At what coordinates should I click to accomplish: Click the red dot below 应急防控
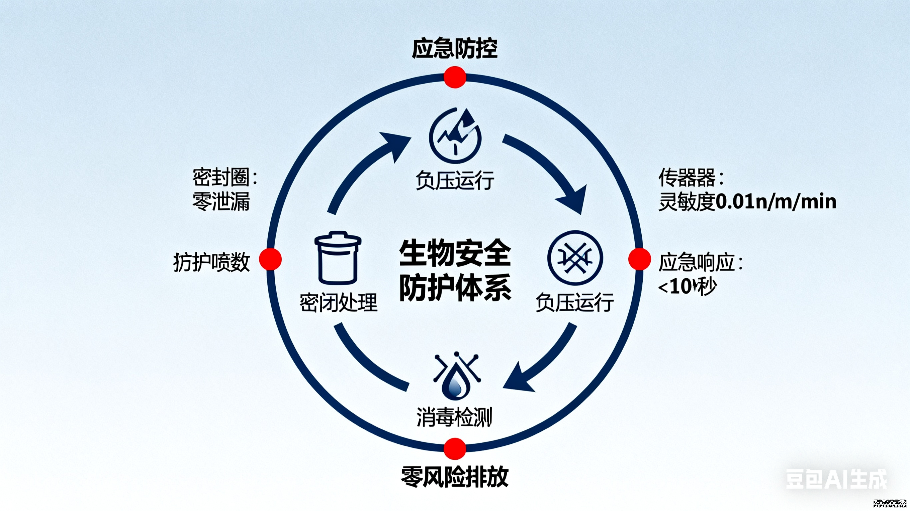(x=455, y=77)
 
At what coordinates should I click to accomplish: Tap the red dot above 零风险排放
(x=455, y=448)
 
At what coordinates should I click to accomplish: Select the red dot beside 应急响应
(x=639, y=259)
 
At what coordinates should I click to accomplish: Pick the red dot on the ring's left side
(x=270, y=259)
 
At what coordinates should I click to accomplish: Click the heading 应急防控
(x=455, y=48)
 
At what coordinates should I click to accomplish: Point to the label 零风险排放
(x=455, y=477)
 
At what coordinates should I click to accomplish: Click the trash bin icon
(x=338, y=258)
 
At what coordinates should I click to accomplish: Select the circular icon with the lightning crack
(x=455, y=136)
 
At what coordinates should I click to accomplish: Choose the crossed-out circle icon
(x=575, y=258)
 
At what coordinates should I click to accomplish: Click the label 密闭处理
(x=338, y=302)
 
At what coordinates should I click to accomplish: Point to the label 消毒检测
(x=455, y=417)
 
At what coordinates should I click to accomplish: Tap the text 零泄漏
(x=221, y=201)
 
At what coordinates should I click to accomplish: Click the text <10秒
(x=687, y=287)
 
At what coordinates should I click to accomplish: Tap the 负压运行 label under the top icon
(x=455, y=180)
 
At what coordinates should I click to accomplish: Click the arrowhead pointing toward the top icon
(x=396, y=145)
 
